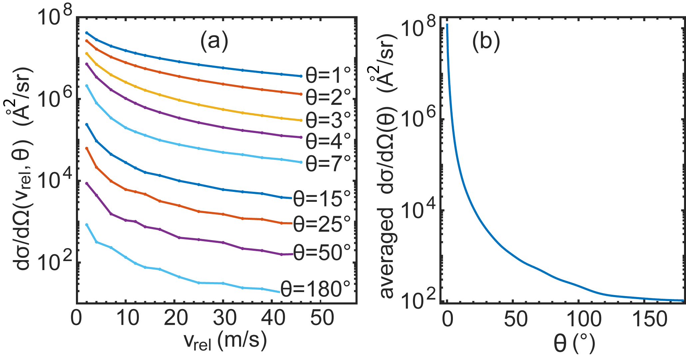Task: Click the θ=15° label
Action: pos(322,199)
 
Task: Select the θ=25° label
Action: pos(322,224)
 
